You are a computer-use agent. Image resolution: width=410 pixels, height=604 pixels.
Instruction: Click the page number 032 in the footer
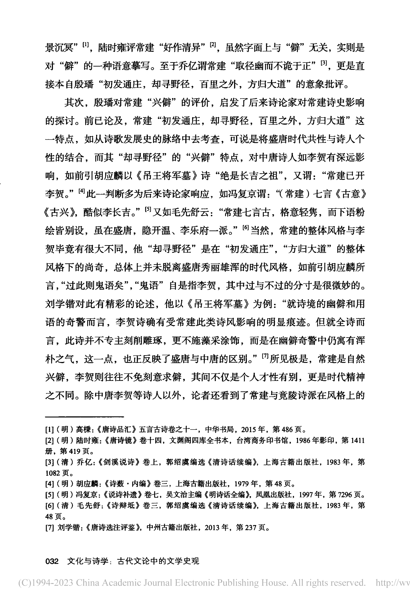(x=52, y=561)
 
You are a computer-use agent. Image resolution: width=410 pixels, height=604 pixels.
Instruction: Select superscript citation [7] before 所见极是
(x=265, y=356)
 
